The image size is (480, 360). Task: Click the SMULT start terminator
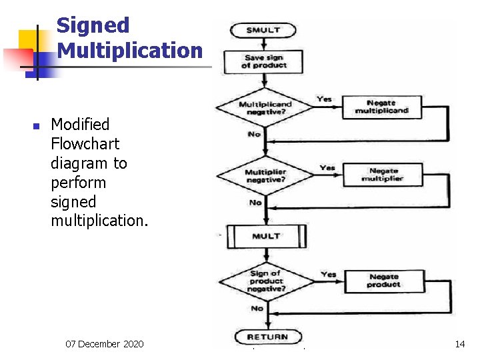point(263,30)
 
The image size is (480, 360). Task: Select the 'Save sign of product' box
point(265,61)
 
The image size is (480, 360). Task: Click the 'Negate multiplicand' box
point(382,107)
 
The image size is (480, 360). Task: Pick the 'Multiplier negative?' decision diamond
point(265,176)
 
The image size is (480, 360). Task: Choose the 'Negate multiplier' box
point(382,175)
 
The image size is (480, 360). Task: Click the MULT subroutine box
point(266,236)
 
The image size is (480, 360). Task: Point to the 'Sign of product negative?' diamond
point(265,281)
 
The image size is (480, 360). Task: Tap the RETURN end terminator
point(267,337)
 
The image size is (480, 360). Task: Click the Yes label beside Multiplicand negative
point(325,99)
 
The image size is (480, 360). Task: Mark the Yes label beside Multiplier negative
point(327,167)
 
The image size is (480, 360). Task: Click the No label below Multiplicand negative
point(254,135)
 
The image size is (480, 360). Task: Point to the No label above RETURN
point(257,308)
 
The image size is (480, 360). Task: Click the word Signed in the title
point(93,25)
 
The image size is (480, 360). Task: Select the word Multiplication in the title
point(129,50)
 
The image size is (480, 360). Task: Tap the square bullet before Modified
point(37,125)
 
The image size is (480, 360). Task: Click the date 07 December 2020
point(104,344)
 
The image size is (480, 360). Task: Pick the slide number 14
point(459,344)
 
